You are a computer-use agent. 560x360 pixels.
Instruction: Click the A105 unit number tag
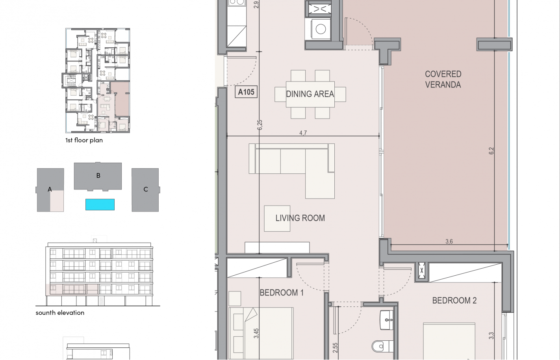coord(246,92)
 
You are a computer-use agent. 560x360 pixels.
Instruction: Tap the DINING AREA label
coord(310,94)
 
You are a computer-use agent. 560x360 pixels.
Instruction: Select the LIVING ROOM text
coord(300,218)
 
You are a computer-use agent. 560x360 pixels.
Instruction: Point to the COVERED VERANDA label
coord(443,79)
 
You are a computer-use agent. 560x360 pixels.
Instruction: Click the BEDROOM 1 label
coord(282,293)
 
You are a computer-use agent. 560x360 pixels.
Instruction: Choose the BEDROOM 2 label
coord(454,300)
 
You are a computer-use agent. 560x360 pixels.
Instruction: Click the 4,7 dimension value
coord(303,133)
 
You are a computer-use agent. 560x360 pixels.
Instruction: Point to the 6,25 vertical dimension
coord(260,125)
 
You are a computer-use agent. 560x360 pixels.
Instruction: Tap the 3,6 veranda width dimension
coord(449,241)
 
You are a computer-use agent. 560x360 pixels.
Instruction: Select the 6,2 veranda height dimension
coord(491,151)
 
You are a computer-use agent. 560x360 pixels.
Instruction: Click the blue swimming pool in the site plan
coord(100,204)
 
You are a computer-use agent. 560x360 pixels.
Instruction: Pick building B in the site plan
coord(98,176)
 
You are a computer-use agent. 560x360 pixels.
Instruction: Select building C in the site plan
coord(145,190)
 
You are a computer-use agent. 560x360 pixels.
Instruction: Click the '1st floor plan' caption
coord(84,140)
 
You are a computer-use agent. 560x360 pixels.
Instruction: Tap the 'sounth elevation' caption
coord(60,312)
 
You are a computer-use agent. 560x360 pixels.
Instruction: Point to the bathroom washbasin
coord(386,320)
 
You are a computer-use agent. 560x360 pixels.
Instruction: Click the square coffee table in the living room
coord(277,219)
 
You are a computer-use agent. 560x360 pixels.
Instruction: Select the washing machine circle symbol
coord(321,29)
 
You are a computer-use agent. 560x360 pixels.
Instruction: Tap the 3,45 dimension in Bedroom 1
coord(256,333)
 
